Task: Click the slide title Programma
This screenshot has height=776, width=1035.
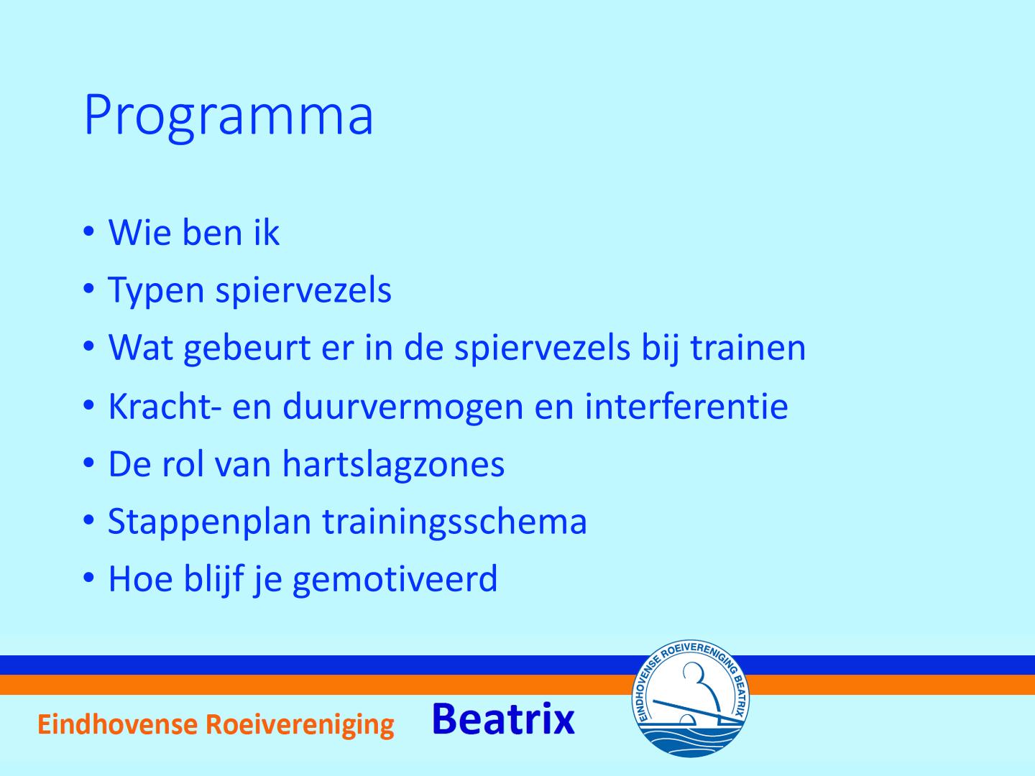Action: point(229,116)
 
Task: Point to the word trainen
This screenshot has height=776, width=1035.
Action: point(748,348)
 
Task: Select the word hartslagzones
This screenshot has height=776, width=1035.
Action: point(394,466)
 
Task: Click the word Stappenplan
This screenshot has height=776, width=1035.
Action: point(209,523)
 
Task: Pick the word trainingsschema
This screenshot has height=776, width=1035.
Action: point(454,523)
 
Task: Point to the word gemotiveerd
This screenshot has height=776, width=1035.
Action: point(395,581)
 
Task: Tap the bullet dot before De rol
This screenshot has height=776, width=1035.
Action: point(88,463)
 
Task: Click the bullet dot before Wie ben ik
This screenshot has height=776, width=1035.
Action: point(88,232)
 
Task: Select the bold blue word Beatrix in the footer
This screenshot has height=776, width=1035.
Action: point(503,719)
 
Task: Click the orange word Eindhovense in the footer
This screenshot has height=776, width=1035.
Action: point(117,724)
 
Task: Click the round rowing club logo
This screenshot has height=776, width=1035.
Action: point(690,698)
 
